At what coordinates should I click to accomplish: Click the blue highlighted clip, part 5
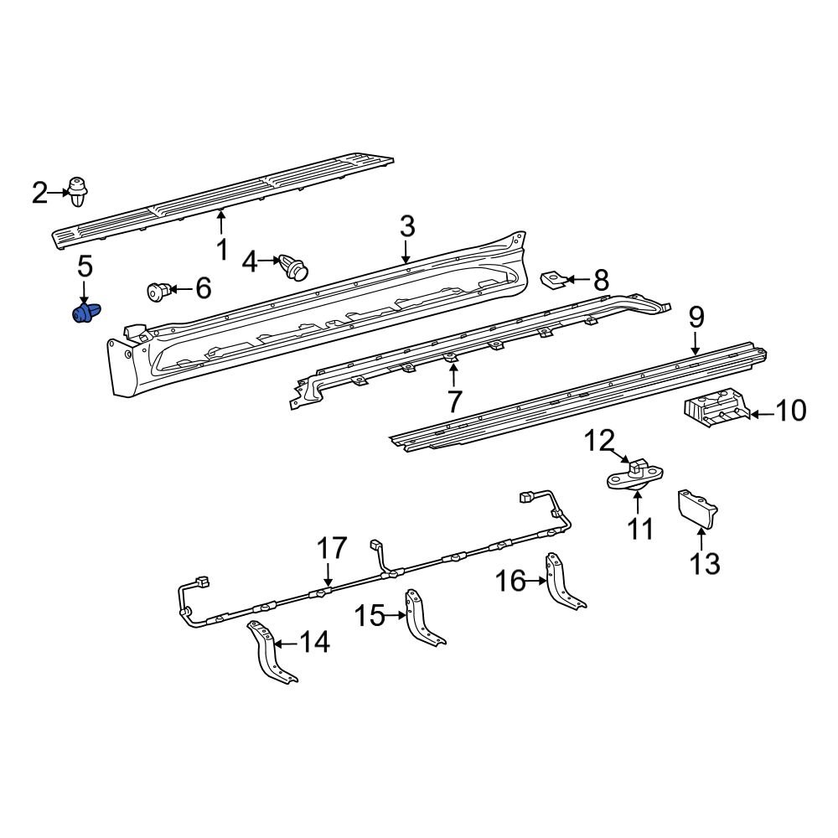click(85, 313)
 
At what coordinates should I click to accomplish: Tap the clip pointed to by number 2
click(78, 192)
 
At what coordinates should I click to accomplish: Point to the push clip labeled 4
click(294, 266)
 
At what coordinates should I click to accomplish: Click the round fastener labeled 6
click(157, 291)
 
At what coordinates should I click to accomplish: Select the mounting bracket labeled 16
click(562, 580)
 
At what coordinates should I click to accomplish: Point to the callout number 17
click(331, 549)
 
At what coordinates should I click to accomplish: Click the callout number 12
click(599, 439)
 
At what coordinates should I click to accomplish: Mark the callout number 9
click(696, 318)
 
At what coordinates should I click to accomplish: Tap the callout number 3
click(406, 226)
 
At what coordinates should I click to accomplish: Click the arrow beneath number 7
click(454, 372)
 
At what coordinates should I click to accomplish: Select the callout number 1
click(221, 249)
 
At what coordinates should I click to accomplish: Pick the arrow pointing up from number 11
click(638, 501)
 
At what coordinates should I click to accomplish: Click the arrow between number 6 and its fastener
click(178, 290)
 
